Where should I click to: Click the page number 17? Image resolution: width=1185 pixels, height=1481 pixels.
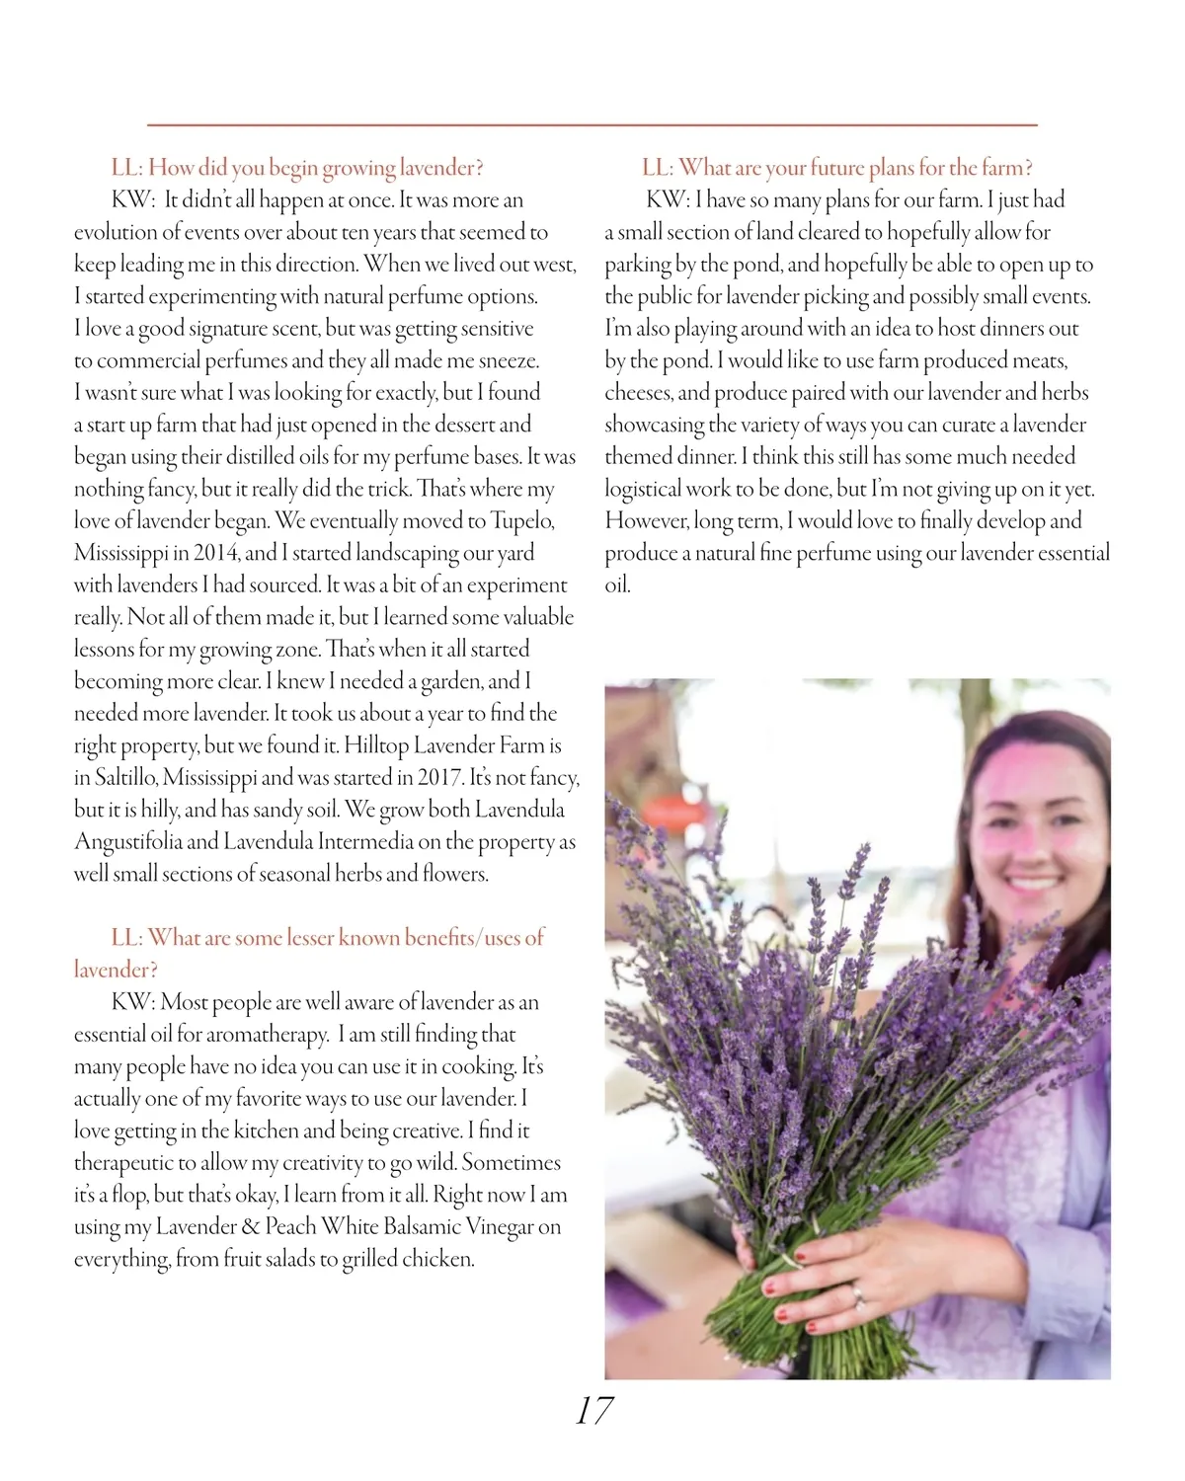[x=594, y=1411]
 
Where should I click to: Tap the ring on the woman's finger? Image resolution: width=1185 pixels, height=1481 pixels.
[x=856, y=1292]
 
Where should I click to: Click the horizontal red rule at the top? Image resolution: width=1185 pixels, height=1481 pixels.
[x=592, y=125]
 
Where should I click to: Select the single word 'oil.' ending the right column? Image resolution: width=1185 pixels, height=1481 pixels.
[x=617, y=585]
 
